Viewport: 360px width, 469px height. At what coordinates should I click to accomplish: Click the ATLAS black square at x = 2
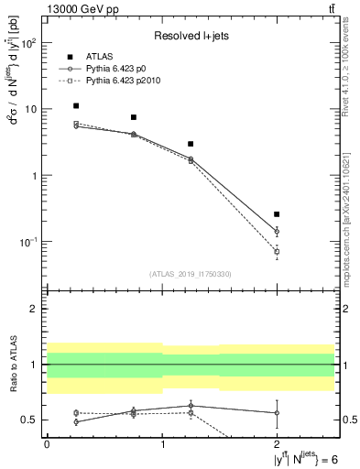click(x=277, y=213)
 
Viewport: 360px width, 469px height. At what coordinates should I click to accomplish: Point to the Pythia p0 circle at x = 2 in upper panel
click(x=277, y=232)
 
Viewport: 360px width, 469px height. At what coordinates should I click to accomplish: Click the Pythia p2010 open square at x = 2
click(x=277, y=251)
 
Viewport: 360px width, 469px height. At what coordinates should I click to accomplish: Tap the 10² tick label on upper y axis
click(x=30, y=43)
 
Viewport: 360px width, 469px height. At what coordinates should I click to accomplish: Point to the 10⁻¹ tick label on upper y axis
click(x=30, y=242)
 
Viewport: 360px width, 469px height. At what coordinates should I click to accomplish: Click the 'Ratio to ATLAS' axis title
click(x=14, y=365)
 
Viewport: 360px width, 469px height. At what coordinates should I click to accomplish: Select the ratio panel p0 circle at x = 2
click(x=277, y=412)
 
